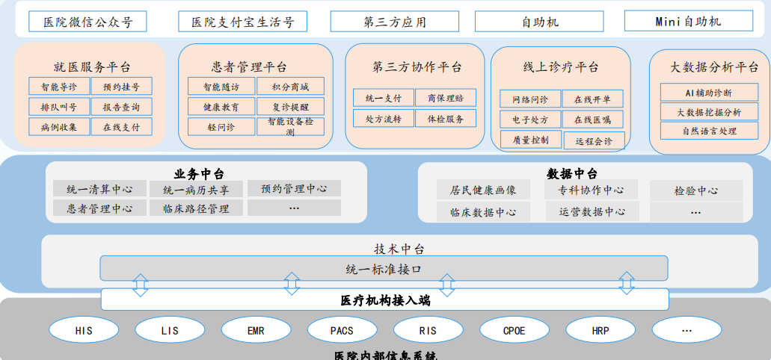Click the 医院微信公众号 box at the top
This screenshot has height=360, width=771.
87,22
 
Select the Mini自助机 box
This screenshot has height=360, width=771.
688,21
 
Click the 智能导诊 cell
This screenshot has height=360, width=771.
59,87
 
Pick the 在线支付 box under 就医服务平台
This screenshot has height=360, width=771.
121,127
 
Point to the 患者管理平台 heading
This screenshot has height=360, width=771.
254,66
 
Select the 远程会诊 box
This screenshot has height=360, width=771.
594,140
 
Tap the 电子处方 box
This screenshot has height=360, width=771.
530,120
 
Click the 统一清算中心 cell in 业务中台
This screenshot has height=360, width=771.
100,190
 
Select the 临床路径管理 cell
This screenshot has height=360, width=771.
196,208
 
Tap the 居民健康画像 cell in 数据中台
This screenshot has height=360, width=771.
483,190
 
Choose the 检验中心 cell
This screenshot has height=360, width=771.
695,190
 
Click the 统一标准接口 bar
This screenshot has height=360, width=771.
384,269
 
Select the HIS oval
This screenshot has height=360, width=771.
84,329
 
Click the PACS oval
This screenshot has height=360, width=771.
342,329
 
